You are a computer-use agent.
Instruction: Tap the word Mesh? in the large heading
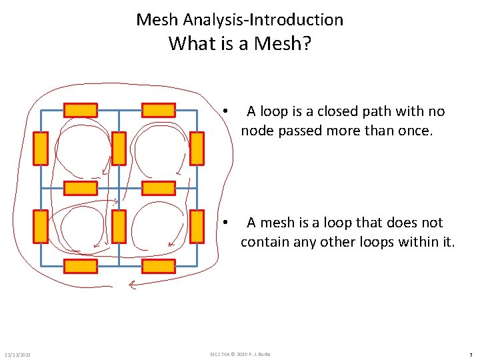(x=283, y=44)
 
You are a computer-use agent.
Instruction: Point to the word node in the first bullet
(x=256, y=131)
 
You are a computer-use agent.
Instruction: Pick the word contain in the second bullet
(x=264, y=241)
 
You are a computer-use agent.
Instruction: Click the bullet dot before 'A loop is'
(x=227, y=111)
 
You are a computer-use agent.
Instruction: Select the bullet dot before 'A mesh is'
(x=227, y=223)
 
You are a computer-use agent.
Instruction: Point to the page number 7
(x=471, y=354)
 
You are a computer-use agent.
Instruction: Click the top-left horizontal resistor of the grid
(x=81, y=110)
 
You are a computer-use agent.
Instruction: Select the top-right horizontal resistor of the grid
(x=159, y=110)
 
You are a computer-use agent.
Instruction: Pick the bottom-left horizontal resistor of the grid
(x=81, y=266)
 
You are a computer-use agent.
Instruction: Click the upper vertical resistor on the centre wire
(x=119, y=148)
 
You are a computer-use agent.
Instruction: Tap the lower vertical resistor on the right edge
(x=197, y=227)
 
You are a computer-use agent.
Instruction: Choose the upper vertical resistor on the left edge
(x=41, y=148)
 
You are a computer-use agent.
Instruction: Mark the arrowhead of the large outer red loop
(x=131, y=285)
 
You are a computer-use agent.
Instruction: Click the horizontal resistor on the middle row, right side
(x=159, y=188)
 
